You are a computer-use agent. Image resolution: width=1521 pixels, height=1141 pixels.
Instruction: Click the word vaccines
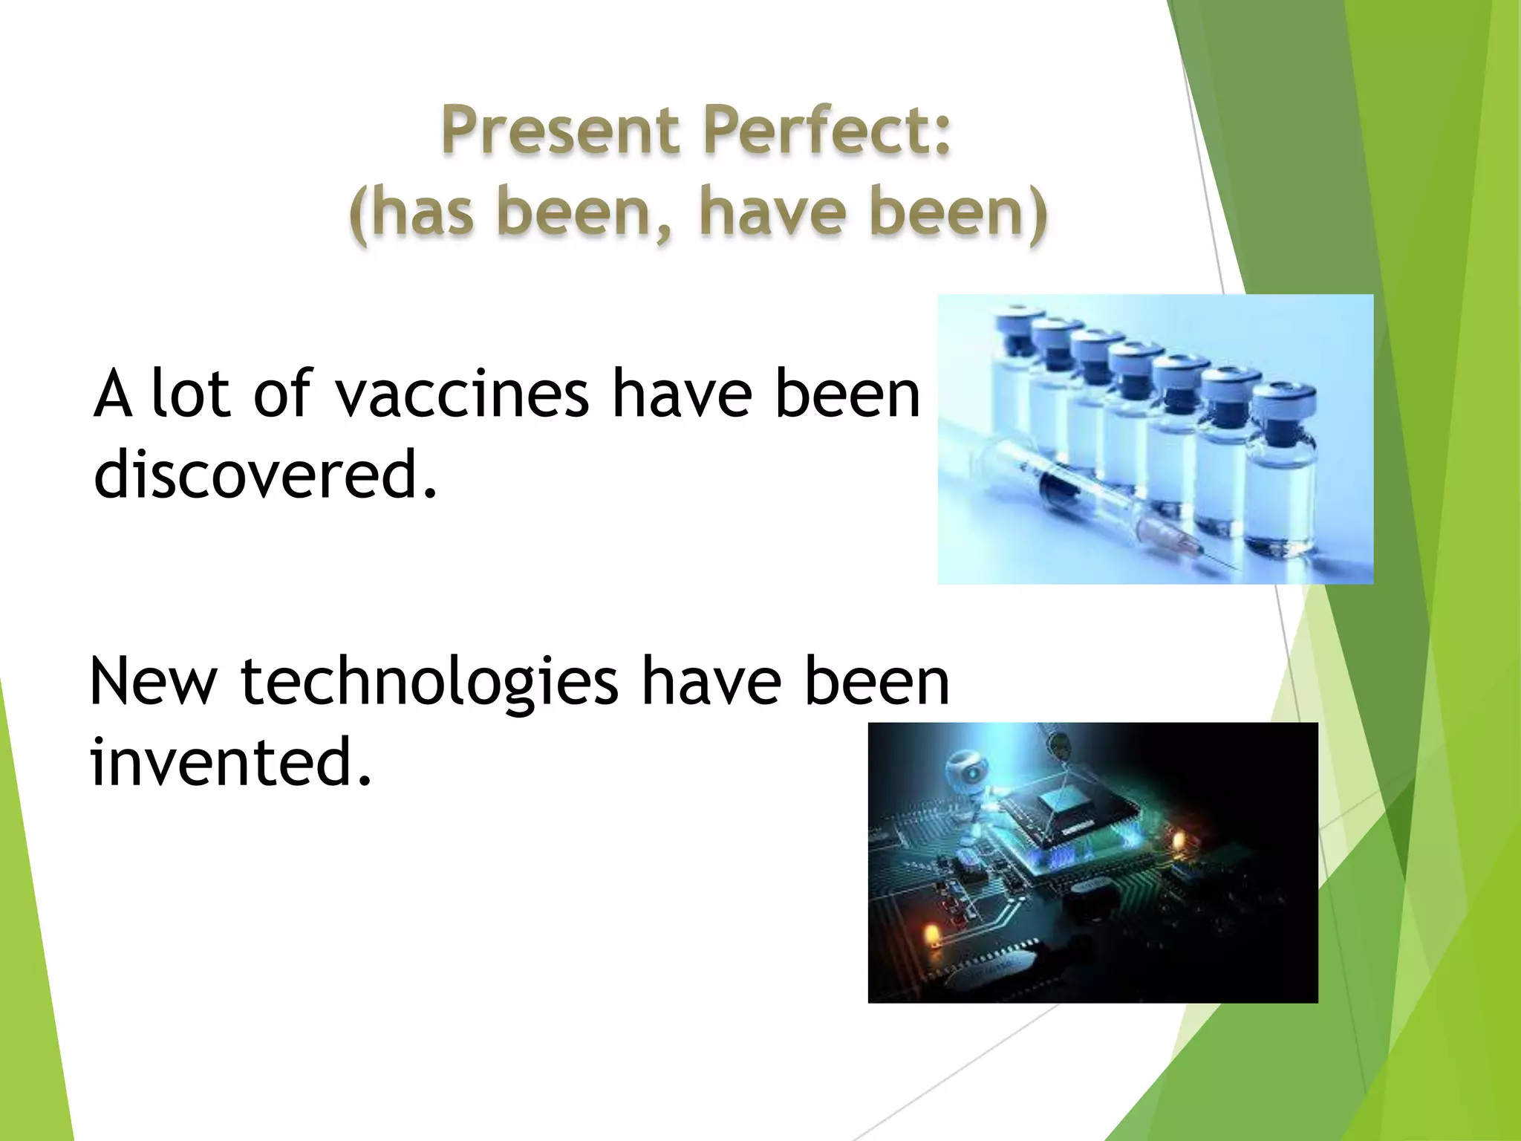[x=462, y=394]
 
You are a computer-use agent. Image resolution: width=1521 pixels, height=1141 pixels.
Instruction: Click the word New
[x=153, y=682]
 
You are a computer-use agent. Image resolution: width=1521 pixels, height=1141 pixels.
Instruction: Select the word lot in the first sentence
[x=190, y=394]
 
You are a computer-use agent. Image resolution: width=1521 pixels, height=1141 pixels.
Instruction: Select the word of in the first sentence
[x=282, y=394]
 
